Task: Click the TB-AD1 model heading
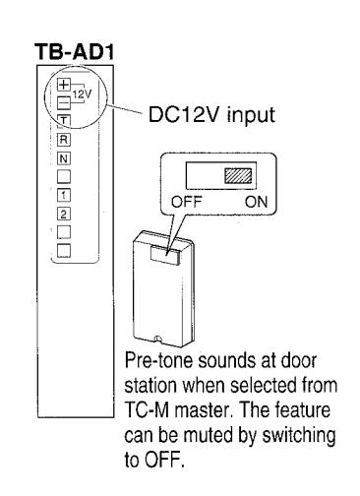point(75,52)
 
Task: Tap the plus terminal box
point(64,85)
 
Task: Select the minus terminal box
point(64,103)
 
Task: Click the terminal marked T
point(64,121)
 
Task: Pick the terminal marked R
point(64,140)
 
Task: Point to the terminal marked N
point(64,158)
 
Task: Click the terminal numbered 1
point(64,196)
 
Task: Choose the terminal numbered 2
point(64,214)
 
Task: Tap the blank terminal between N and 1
point(64,177)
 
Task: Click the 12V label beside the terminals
point(82,94)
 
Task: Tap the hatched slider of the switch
point(238,175)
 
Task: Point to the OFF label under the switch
point(186,202)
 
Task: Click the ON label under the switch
point(257,202)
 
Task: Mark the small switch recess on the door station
point(165,255)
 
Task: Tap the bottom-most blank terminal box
point(64,251)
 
